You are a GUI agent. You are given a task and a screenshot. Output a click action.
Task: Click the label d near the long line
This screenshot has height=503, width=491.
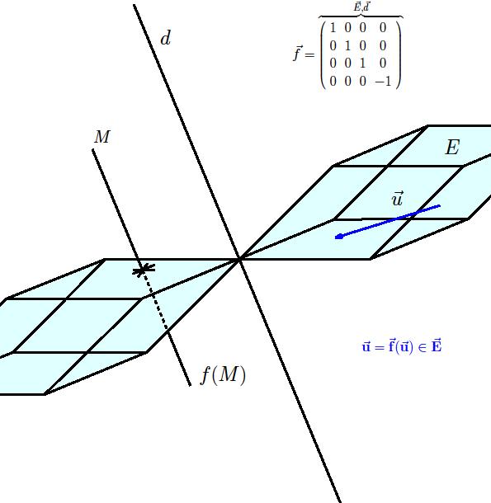(165, 38)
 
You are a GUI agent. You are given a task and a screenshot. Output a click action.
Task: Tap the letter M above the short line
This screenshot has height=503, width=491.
(102, 137)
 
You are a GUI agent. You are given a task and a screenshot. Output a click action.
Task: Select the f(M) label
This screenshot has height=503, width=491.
(223, 374)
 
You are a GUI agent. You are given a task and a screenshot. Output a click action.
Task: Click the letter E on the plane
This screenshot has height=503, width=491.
(452, 148)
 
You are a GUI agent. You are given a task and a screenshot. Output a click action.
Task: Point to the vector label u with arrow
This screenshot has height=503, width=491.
(397, 198)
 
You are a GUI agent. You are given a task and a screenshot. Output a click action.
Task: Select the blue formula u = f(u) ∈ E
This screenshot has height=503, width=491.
(402, 346)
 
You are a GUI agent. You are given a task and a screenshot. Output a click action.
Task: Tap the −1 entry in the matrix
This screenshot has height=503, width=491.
(383, 82)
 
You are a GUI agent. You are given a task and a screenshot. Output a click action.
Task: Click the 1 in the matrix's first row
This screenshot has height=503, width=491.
(333, 28)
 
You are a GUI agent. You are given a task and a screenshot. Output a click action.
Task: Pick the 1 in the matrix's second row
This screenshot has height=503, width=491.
(347, 46)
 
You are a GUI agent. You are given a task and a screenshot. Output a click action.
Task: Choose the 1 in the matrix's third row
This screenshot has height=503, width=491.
(363, 63)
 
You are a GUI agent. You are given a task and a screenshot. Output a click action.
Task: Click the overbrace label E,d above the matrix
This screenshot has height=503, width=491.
(361, 7)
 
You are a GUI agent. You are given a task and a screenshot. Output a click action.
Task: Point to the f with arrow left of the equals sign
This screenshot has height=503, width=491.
(298, 54)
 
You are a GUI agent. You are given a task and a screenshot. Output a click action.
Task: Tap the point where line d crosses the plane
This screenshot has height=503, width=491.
(239, 259)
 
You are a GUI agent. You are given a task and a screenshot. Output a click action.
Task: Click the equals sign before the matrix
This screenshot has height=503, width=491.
(309, 55)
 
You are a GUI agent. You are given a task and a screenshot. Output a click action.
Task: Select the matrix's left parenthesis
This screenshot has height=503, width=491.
(323, 54)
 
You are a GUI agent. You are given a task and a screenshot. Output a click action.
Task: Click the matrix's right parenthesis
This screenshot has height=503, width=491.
(399, 54)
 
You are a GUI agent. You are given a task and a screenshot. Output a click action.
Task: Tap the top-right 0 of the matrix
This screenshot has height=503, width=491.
(383, 28)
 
